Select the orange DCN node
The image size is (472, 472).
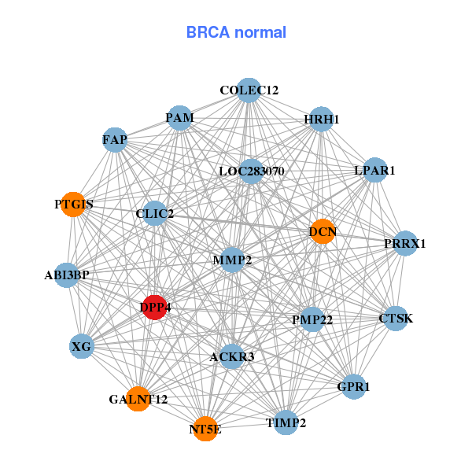[323, 231]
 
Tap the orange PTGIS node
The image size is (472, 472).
[73, 205]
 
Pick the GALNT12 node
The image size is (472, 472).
[138, 399]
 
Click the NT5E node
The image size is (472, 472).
[205, 429]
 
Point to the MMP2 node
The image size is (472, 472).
[232, 260]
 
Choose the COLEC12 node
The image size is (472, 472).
[249, 90]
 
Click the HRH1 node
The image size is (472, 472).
[321, 120]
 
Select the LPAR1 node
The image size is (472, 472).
[374, 170]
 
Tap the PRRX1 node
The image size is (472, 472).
[405, 243]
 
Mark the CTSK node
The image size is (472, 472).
[395, 319]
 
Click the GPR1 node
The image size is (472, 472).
[353, 387]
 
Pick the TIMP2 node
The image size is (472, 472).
[286, 422]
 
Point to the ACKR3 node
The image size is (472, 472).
[232, 357]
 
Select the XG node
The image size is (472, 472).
[82, 346]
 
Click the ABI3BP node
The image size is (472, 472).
[67, 275]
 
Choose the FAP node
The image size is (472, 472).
[115, 140]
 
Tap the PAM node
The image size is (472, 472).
[179, 118]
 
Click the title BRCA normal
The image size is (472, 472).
[236, 32]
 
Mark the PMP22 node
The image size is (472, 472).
[312, 319]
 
